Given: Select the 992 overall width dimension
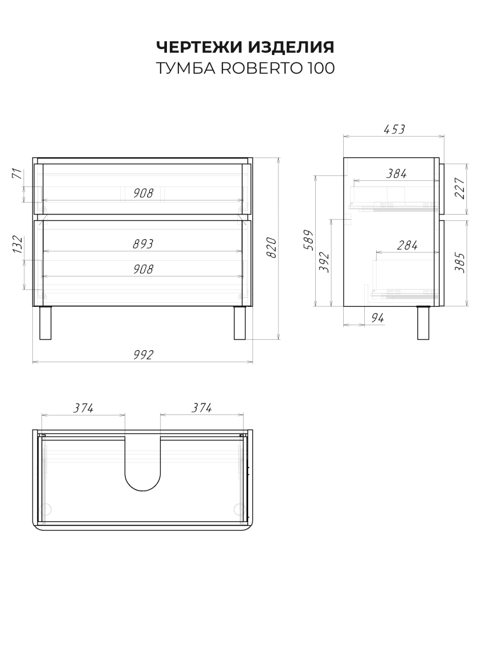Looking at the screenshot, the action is click(x=143, y=355).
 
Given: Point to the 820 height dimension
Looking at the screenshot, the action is click(x=271, y=247).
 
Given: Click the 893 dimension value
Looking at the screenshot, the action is click(x=143, y=244).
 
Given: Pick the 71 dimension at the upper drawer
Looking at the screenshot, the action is click(x=17, y=174).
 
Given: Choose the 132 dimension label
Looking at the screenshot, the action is click(x=18, y=245).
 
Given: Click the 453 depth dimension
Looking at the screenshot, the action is click(x=394, y=130).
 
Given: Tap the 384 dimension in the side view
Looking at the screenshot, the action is click(x=396, y=174).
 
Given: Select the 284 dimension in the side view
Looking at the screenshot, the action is click(x=407, y=246).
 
